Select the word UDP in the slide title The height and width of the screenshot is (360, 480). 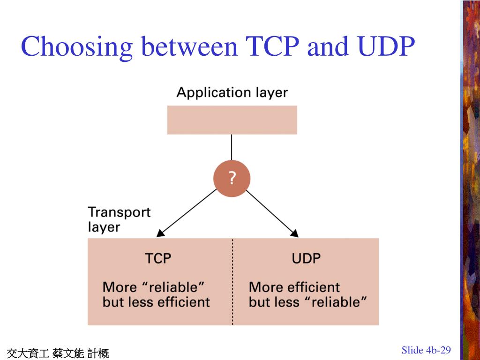[386, 46]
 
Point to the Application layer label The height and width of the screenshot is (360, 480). [232, 92]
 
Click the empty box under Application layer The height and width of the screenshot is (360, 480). [232, 120]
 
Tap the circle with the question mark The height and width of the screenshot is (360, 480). [232, 179]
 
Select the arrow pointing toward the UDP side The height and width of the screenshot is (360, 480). [272, 213]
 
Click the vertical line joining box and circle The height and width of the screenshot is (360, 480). [232, 147]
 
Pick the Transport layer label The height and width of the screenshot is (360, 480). [119, 219]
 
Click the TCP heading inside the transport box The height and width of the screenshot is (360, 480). [158, 258]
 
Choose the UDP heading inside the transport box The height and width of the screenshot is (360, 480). [306, 258]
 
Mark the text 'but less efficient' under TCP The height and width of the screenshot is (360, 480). [156, 302]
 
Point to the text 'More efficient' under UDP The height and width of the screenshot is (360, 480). [294, 287]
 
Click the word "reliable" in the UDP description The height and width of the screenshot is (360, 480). [336, 302]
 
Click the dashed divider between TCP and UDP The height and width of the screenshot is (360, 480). [233, 281]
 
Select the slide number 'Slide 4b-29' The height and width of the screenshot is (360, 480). [426, 350]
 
